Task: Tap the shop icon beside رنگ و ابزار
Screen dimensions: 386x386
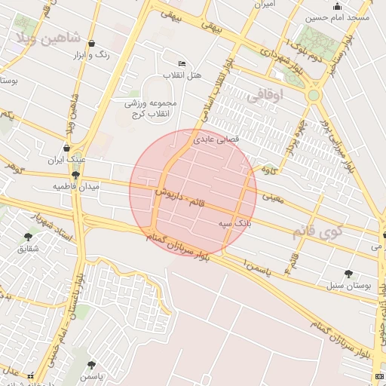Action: pos(91,44)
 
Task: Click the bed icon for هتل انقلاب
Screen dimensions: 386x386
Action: pos(181,64)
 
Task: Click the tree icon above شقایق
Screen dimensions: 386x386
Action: pos(28,236)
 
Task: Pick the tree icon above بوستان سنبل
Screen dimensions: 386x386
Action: pos(348,274)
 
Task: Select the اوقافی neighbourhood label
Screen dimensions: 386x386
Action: pos(265,96)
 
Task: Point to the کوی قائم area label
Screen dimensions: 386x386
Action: pos(317,231)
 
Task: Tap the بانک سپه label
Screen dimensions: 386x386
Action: pos(234,224)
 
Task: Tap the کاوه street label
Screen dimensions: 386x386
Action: pos(268,170)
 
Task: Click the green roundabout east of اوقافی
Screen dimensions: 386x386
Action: pos(313,96)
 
